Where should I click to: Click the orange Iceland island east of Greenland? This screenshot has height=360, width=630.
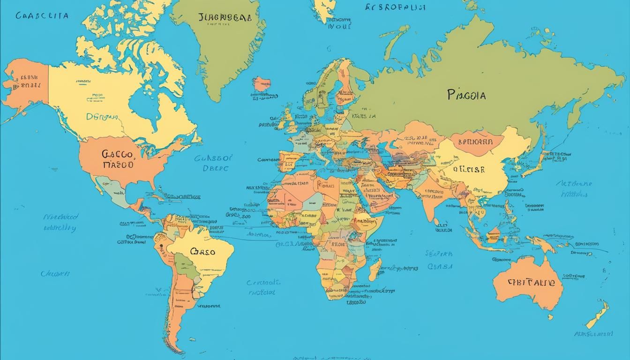point(262,85)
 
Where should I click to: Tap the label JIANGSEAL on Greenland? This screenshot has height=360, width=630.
point(225,18)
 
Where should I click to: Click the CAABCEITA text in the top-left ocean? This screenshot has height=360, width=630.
point(42,15)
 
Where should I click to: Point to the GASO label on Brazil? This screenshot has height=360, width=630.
point(202,252)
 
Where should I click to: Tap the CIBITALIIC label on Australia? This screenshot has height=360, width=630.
point(531,283)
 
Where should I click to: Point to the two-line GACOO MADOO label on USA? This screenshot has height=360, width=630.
point(118,159)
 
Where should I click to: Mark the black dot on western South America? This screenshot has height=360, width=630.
point(160,245)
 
